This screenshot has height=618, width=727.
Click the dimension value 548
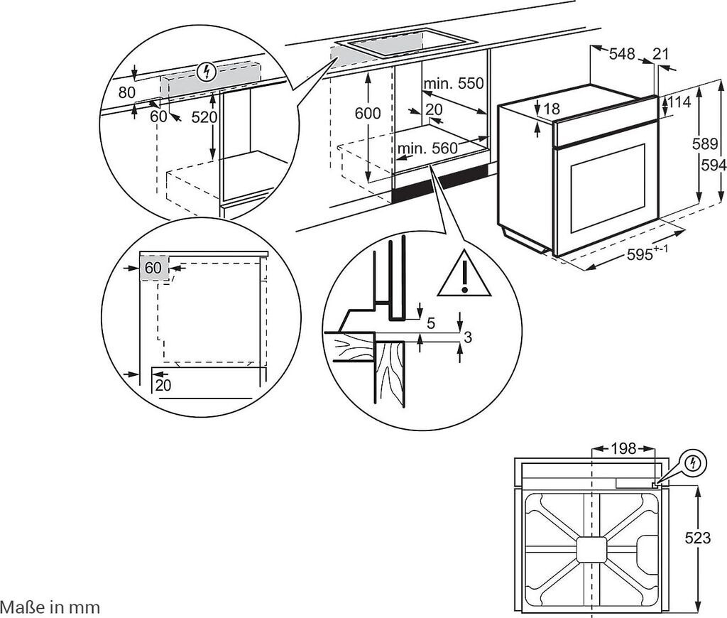(x=621, y=54)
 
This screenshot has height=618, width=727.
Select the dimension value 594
(x=714, y=164)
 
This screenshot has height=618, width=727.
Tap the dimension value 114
(x=679, y=102)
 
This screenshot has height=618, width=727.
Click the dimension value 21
(x=661, y=54)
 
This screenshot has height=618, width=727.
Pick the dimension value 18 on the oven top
(x=552, y=109)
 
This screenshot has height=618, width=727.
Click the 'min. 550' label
(x=454, y=84)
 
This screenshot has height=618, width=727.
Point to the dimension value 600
(x=368, y=113)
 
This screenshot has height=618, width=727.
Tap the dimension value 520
(x=204, y=118)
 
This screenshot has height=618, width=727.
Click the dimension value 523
(x=698, y=538)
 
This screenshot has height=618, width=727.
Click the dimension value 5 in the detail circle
(x=431, y=323)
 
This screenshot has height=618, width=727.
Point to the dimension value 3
(x=467, y=337)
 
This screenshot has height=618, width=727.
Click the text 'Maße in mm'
(x=50, y=607)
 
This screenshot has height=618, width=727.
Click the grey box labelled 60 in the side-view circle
(x=153, y=269)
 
